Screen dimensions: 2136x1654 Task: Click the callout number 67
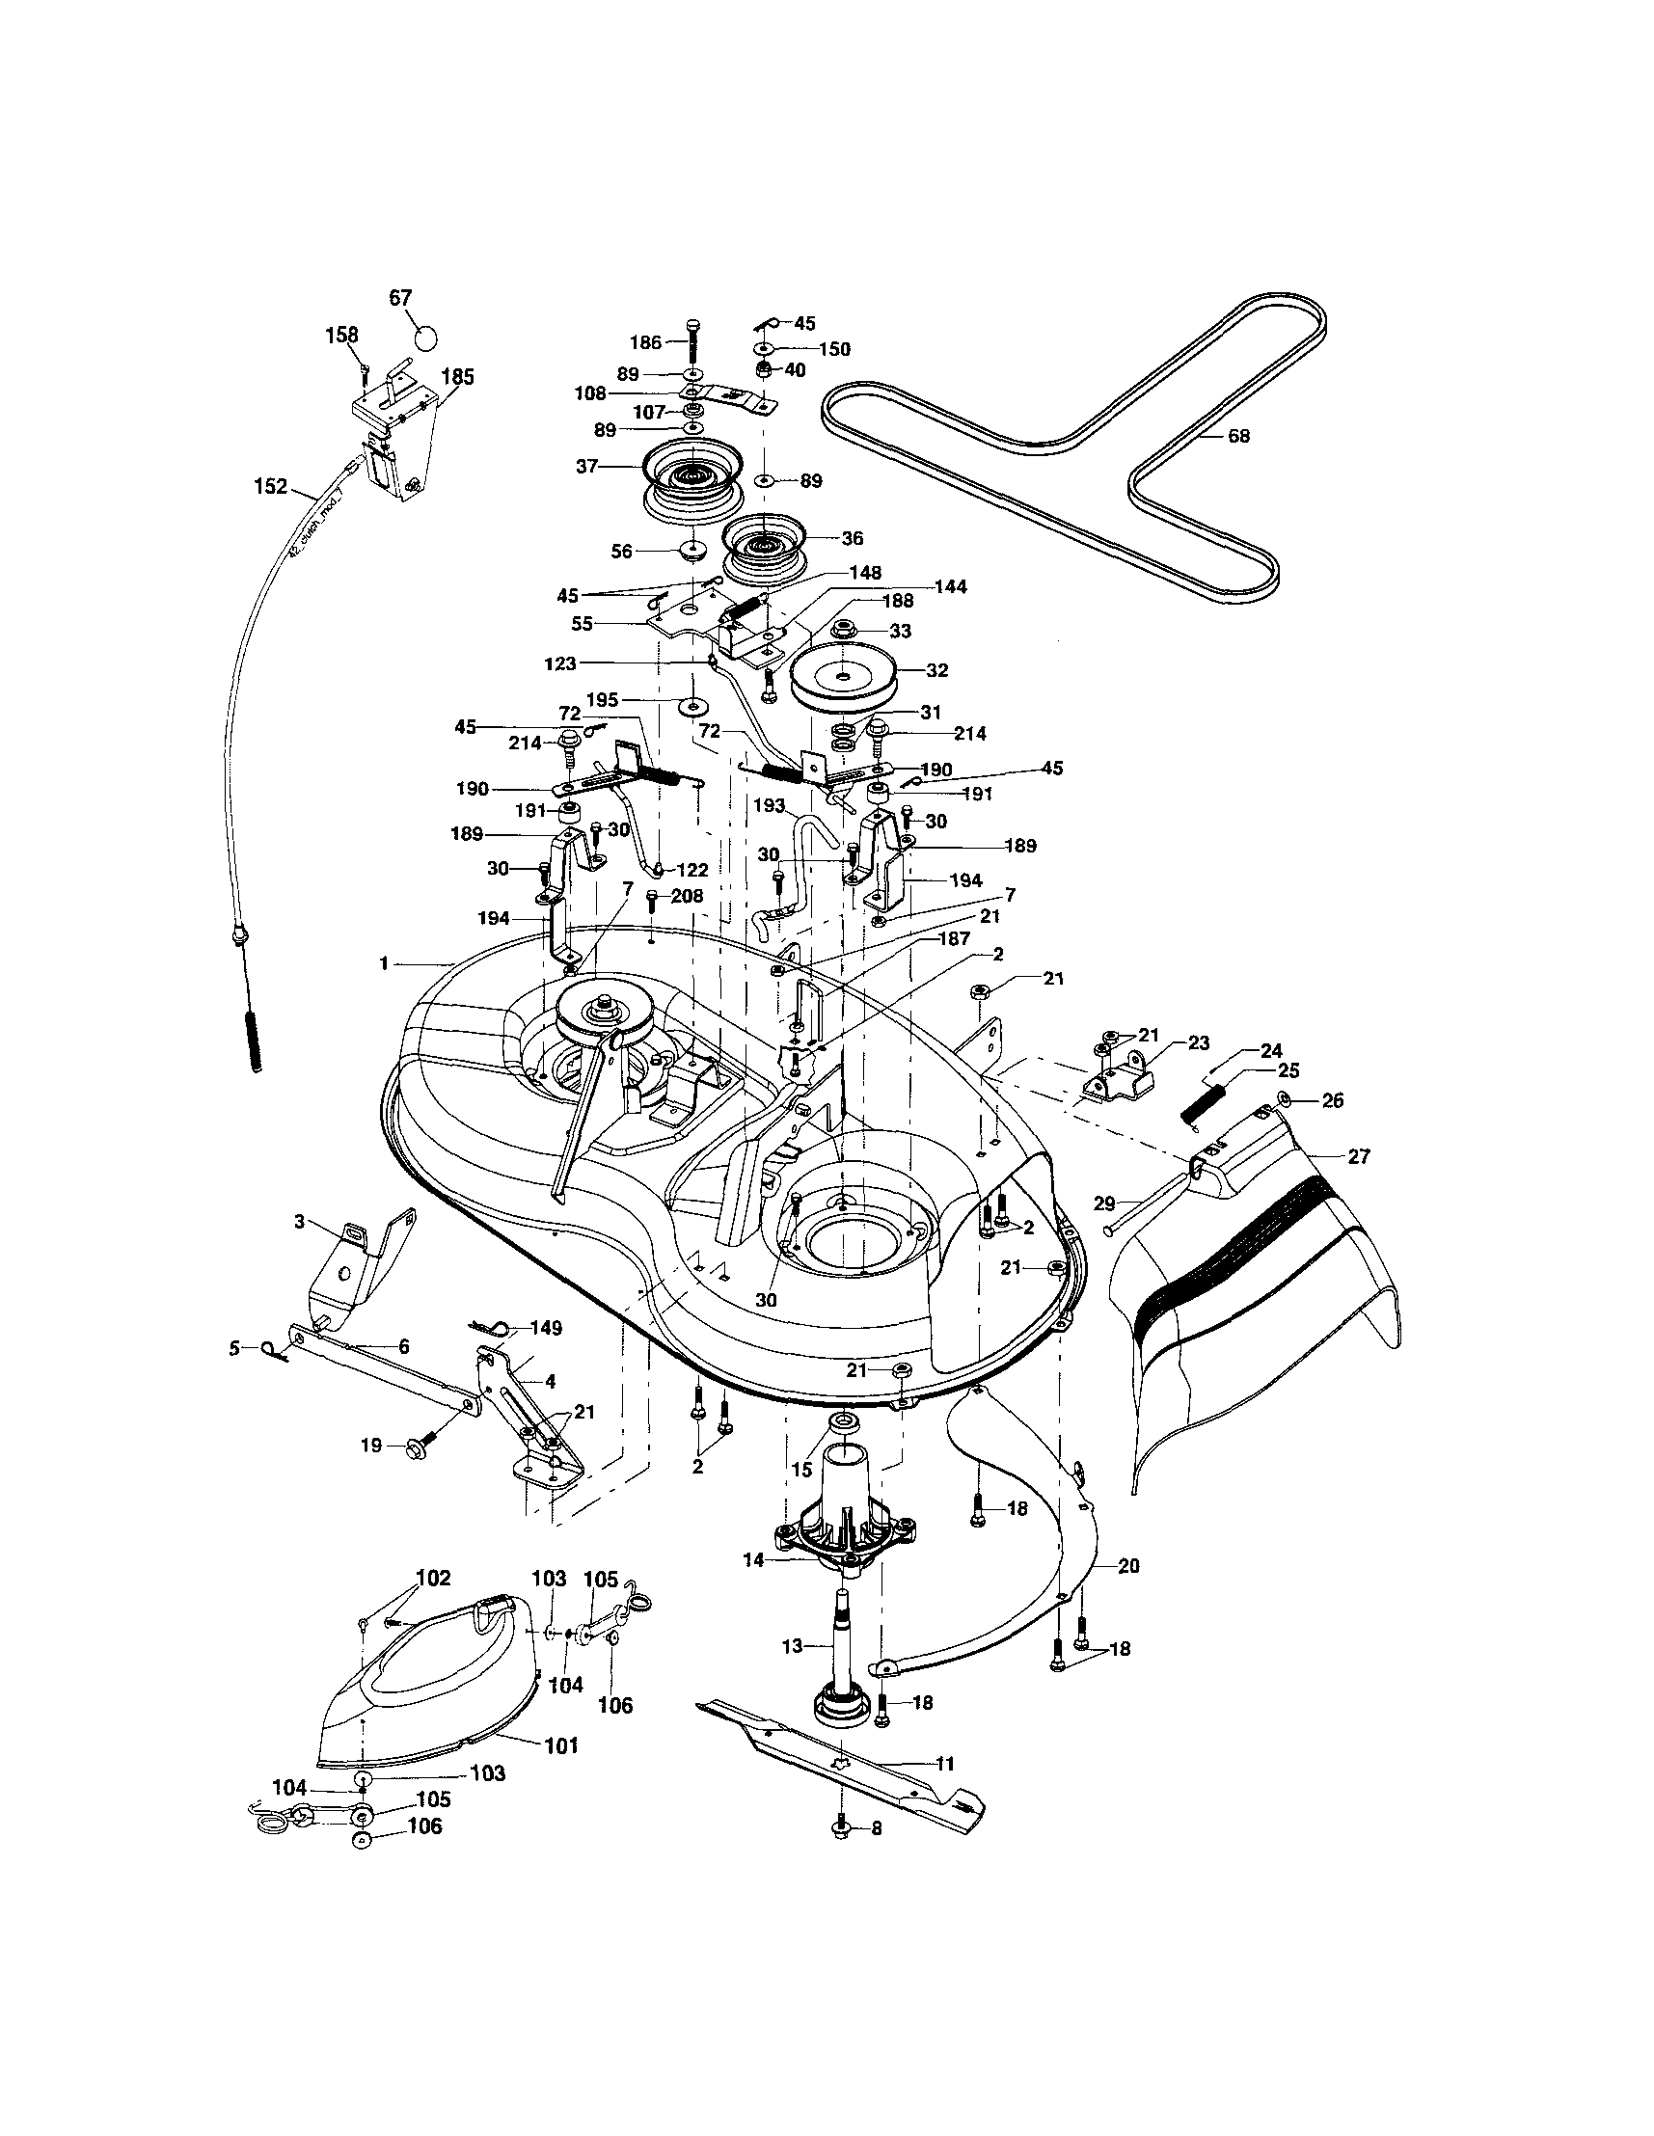click(x=401, y=298)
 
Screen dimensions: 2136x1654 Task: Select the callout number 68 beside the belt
click(x=1238, y=436)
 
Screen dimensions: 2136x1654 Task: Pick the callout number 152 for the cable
click(x=271, y=486)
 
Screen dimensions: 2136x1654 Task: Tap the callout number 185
click(x=457, y=376)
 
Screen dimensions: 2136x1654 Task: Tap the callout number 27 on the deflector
click(x=1359, y=1156)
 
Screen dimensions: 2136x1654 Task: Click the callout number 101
click(x=561, y=1744)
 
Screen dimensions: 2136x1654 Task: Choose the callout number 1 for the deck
click(x=385, y=964)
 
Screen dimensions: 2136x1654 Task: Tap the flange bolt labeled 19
click(x=414, y=1444)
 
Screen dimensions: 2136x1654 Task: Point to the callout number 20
click(x=1127, y=1565)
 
